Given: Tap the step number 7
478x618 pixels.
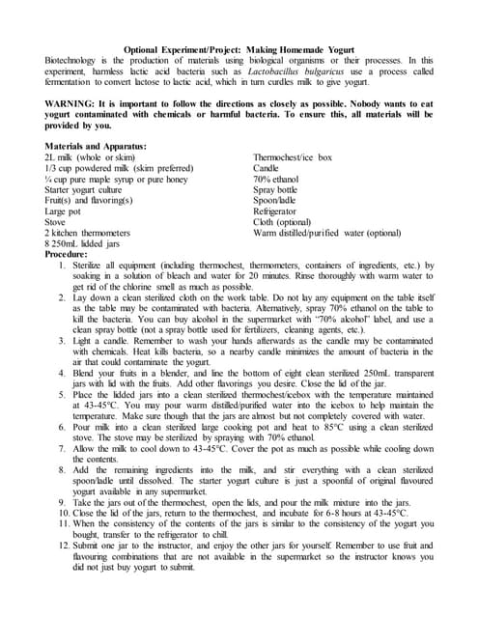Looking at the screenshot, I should (60, 453).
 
